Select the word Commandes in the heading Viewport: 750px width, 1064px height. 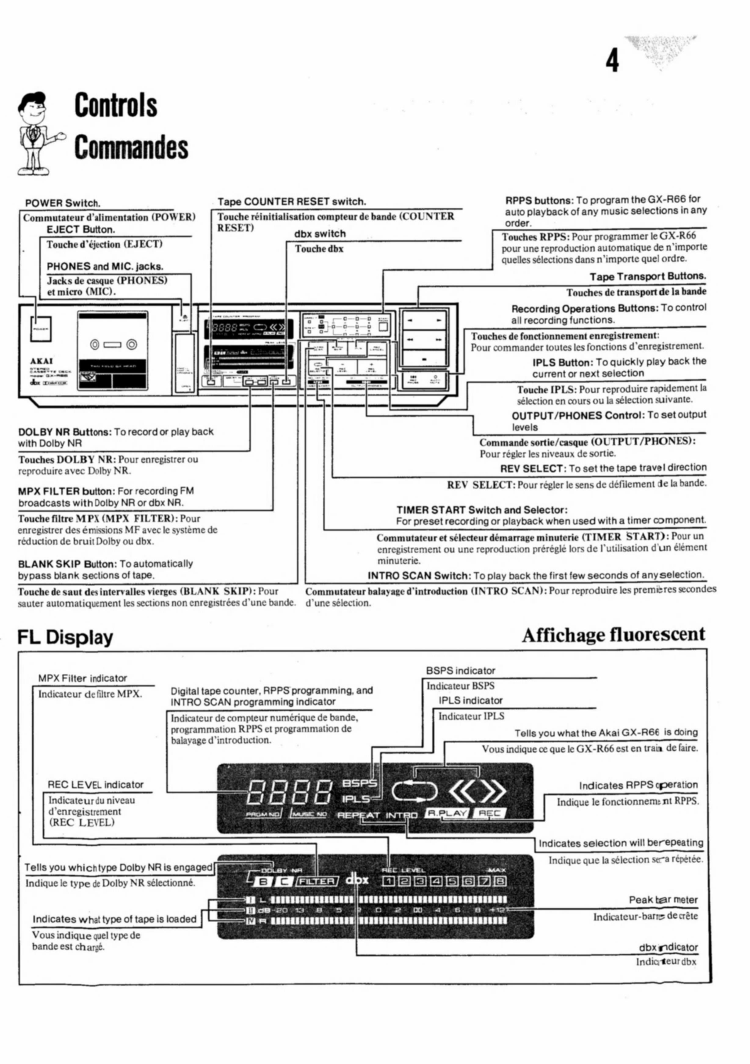pos(132,148)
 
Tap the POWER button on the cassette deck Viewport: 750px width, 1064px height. pos(41,329)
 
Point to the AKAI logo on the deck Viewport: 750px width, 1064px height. pos(42,361)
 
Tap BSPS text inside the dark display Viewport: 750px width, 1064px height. pos(359,783)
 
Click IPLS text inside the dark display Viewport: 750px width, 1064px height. pos(356,799)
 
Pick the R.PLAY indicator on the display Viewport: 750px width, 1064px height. pos(446,813)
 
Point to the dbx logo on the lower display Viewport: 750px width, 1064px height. pos(357,879)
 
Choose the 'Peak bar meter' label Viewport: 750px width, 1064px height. pos(662,899)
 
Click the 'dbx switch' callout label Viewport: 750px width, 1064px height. pos(320,234)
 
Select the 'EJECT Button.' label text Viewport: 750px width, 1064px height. pos(81,229)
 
